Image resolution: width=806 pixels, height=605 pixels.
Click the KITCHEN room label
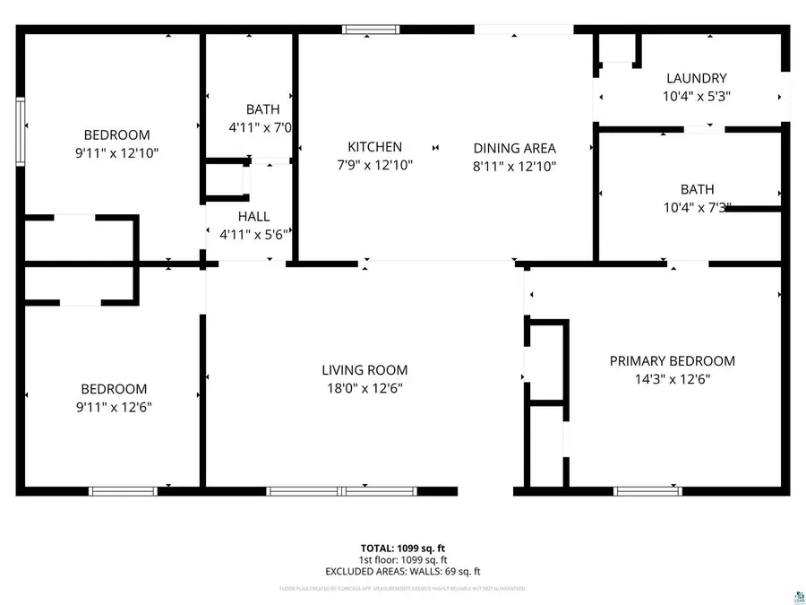374,147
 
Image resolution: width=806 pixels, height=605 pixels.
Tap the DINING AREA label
514,148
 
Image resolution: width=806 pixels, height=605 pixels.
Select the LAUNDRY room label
696,79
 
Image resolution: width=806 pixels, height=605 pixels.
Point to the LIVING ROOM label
364,369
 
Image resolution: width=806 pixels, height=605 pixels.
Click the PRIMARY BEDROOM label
672,361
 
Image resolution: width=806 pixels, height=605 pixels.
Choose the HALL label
253,217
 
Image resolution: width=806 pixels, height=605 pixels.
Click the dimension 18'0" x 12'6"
364,387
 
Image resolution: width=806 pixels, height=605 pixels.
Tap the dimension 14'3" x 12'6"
672,379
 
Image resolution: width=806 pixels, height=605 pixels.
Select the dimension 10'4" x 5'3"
696,96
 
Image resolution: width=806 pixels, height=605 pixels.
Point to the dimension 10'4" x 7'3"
696,207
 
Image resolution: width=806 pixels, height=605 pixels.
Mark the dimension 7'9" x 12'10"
374,165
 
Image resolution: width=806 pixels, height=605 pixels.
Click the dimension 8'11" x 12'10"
514,166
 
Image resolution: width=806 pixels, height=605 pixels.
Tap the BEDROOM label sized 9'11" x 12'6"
114,389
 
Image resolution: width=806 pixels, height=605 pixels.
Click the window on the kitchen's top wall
371,30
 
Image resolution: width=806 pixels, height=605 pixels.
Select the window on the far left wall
20,131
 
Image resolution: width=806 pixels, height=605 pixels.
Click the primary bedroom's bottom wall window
647,490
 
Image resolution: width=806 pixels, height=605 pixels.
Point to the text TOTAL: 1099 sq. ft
402,547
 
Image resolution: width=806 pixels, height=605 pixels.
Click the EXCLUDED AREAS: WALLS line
402,571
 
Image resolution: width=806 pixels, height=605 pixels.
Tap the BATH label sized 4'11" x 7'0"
262,109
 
